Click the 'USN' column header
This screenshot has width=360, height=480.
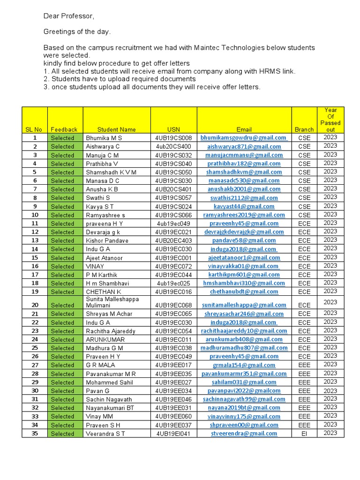(x=173, y=129)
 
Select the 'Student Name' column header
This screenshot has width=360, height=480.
(x=116, y=129)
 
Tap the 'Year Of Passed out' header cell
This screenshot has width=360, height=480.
(x=330, y=120)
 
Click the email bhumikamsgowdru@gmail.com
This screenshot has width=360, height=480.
(x=244, y=138)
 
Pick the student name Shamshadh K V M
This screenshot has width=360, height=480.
(x=111, y=172)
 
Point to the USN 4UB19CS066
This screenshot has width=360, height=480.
(x=173, y=215)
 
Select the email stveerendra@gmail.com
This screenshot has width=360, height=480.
(x=244, y=434)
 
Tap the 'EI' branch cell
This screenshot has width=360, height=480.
(x=304, y=434)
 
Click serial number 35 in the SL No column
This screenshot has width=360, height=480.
(x=35, y=434)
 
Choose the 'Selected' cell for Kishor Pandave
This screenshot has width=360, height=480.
(x=63, y=240)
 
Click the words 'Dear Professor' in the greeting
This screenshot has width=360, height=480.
(x=68, y=16)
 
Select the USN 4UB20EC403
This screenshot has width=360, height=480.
(x=173, y=240)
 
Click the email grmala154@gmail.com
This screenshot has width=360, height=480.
(x=244, y=365)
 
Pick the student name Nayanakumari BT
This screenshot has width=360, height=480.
(x=110, y=408)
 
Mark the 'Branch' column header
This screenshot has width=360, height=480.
(x=304, y=129)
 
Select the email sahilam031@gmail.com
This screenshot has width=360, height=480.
(x=244, y=382)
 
